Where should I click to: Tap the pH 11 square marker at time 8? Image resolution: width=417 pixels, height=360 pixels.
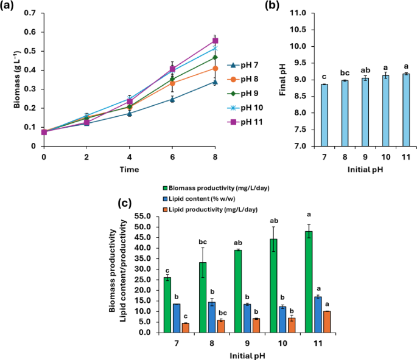[215, 41]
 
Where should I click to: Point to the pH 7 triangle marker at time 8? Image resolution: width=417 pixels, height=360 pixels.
[215, 82]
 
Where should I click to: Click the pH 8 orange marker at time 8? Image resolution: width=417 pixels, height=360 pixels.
[215, 68]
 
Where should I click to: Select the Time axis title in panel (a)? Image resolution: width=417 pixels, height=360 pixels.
[128, 169]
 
